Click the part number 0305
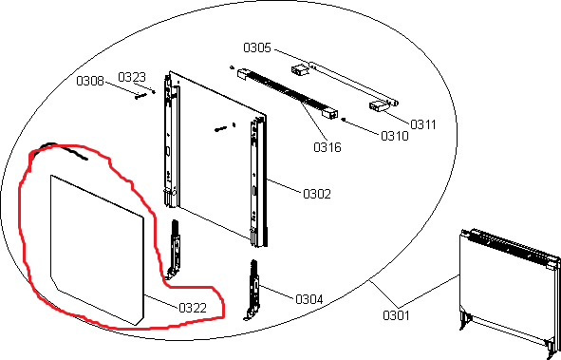click(257, 47)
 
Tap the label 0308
click(90, 81)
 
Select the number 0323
click(132, 77)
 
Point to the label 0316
click(327, 147)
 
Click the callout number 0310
click(395, 136)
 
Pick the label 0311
click(423, 124)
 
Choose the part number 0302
click(317, 194)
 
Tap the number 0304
click(309, 299)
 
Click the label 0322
click(193, 308)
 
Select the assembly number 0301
click(396, 315)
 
